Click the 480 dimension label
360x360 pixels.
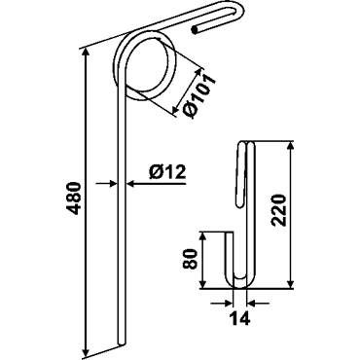tap(75, 198)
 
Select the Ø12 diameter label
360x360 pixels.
tap(167, 171)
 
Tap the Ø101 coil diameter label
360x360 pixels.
tap(199, 96)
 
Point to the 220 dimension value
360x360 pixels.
tap(279, 210)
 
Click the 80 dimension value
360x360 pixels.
tap(190, 259)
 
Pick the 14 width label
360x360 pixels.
tap(240, 318)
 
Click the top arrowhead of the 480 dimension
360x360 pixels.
tap(86, 54)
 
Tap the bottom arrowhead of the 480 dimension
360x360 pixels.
tap(86, 352)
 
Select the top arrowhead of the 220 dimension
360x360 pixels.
tap(290, 147)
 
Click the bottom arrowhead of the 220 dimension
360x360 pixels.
tap(290, 282)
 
